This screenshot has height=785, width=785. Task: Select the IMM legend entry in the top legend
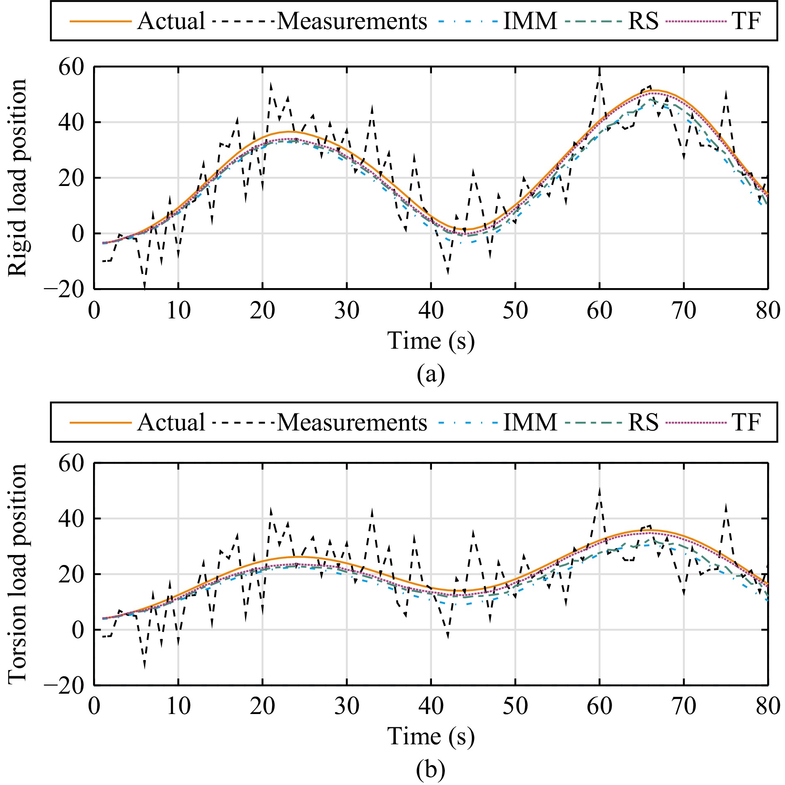click(530, 21)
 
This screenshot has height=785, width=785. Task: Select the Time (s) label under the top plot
click(431, 341)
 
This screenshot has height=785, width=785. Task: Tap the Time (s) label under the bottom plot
click(431, 737)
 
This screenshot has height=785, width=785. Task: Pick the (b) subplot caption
click(431, 770)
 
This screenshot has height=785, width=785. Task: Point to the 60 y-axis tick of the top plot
click(71, 67)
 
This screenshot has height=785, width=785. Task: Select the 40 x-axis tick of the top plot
click(431, 311)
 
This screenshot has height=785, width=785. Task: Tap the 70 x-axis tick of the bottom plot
click(684, 706)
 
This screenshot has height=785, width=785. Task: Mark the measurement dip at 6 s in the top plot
click(145, 286)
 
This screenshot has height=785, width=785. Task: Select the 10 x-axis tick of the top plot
click(179, 311)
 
